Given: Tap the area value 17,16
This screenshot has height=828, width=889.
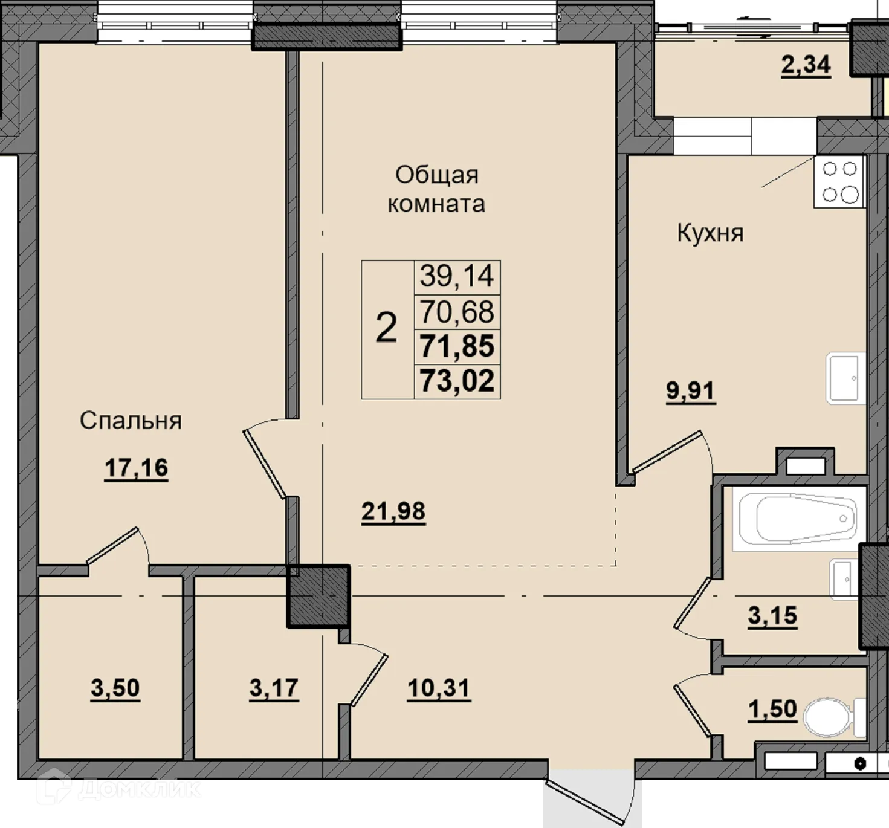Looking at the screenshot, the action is (137, 468).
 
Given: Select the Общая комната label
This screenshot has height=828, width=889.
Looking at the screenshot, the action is (436, 189).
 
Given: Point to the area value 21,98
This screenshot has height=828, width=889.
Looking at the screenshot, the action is (393, 511).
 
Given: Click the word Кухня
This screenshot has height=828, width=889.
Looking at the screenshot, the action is (710, 233).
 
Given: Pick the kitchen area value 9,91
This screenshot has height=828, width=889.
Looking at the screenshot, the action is (691, 391).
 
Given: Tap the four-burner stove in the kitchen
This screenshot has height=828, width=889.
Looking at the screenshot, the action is (839, 181).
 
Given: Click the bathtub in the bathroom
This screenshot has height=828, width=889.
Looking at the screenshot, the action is (799, 519).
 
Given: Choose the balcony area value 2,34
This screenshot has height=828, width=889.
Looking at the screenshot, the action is (806, 65).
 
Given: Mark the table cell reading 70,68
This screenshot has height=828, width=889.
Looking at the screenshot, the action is (457, 312).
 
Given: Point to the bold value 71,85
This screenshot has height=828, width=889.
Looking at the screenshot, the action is (457, 346).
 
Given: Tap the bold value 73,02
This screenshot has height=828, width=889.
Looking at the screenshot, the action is (457, 381).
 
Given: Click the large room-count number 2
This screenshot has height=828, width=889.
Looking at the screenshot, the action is (386, 328).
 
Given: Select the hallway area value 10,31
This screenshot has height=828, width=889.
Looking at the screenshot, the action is (439, 688).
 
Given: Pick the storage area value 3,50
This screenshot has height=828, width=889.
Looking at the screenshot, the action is (115, 688).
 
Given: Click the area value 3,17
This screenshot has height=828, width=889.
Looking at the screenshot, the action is (274, 688).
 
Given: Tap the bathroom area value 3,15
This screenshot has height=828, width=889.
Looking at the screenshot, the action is (772, 615).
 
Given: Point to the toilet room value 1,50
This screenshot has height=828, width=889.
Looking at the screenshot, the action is (772, 709).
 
